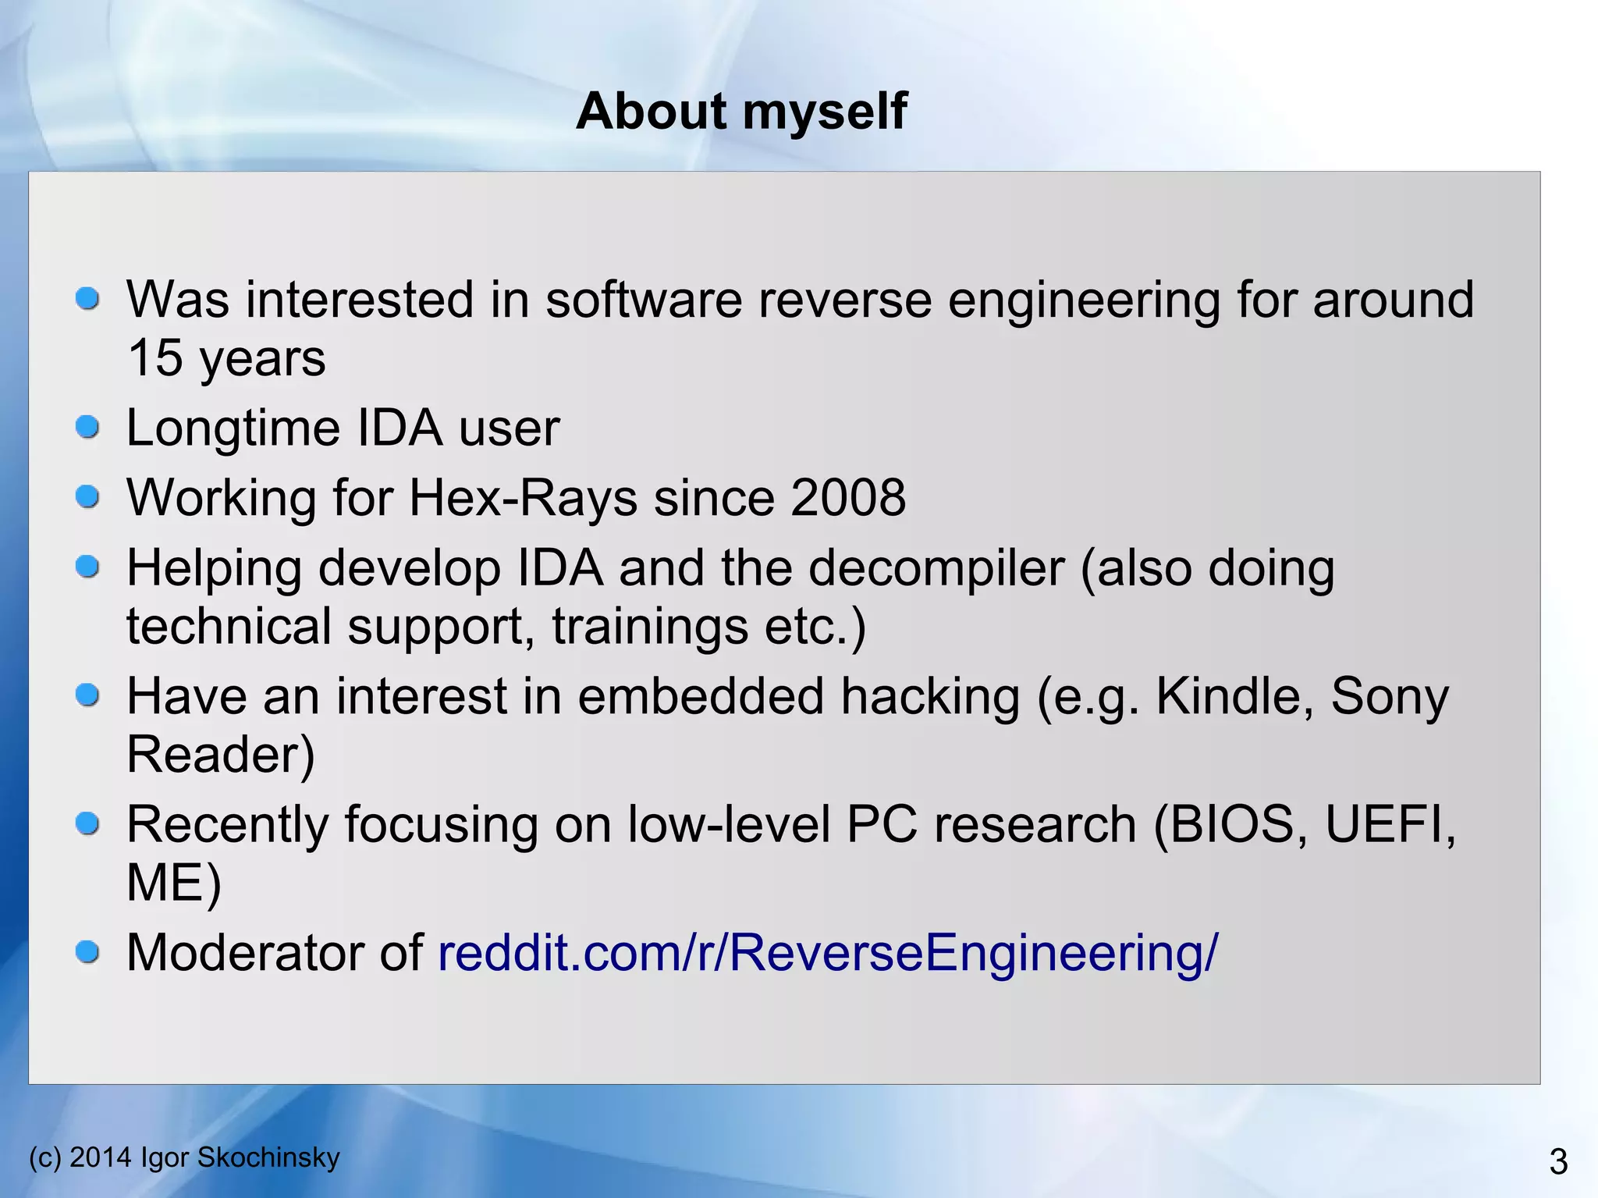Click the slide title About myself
[x=741, y=111]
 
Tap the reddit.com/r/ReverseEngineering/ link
[x=827, y=953]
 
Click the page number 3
[x=1557, y=1162]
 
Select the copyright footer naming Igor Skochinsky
[x=184, y=1157]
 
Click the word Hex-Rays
[x=523, y=498]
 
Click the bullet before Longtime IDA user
[x=87, y=427]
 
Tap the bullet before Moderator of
[x=87, y=951]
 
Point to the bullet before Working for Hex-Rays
[x=87, y=496]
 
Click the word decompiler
[x=936, y=568]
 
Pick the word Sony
[x=1389, y=696]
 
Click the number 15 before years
[x=154, y=358]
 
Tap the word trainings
[x=650, y=627]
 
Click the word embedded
[x=700, y=696]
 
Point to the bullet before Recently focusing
[x=87, y=823]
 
